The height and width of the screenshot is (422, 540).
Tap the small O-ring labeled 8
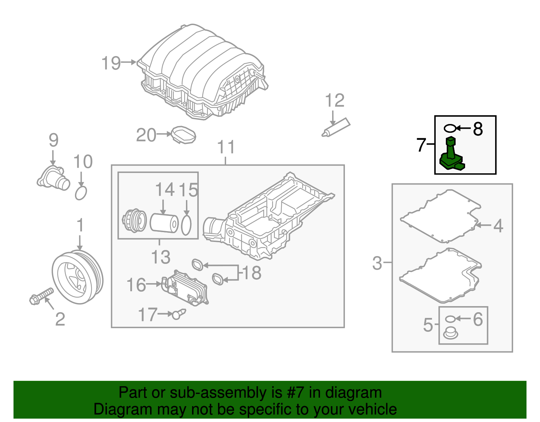pyautogui.click(x=450, y=129)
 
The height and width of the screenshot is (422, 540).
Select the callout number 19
pyautogui.click(x=111, y=63)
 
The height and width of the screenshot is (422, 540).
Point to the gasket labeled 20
pyautogui.click(x=184, y=135)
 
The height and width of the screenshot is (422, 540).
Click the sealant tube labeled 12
pyautogui.click(x=336, y=127)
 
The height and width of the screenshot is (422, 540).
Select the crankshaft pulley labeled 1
pyautogui.click(x=78, y=277)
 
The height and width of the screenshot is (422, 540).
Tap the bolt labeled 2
pyautogui.click(x=41, y=296)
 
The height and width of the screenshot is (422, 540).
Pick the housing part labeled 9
pyautogui.click(x=53, y=178)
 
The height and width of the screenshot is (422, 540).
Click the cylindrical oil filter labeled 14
pyautogui.click(x=164, y=223)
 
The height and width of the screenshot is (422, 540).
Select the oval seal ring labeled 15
pyautogui.click(x=186, y=225)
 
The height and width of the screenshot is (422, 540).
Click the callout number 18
pyautogui.click(x=251, y=273)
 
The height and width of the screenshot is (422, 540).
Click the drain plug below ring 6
pyautogui.click(x=451, y=333)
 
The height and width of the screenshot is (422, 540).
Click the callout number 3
pyautogui.click(x=377, y=263)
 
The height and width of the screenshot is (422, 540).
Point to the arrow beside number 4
pyautogui.click(x=483, y=225)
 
